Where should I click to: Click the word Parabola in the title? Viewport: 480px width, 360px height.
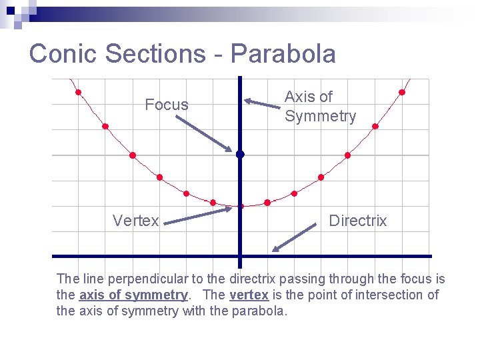[283, 53]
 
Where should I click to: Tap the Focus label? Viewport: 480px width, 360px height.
[167, 105]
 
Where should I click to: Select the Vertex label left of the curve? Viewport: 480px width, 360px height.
[136, 221]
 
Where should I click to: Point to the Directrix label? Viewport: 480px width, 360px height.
[357, 221]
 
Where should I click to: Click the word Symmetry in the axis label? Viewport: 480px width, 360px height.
[320, 117]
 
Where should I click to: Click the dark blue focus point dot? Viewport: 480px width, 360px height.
[240, 154]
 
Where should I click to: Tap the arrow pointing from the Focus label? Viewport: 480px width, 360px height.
[204, 133]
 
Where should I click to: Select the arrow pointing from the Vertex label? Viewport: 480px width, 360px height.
[198, 215]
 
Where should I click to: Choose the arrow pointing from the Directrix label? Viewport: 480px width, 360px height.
[294, 238]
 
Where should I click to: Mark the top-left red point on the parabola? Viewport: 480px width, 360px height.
[79, 92]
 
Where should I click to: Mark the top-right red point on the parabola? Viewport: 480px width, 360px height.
[402, 92]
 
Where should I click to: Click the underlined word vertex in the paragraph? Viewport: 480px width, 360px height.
[249, 295]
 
